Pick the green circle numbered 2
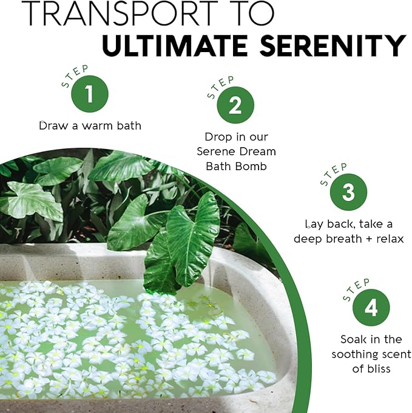click(235, 106)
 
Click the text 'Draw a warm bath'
click(90, 126)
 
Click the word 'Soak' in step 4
click(353, 340)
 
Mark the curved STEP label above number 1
click(75, 76)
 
